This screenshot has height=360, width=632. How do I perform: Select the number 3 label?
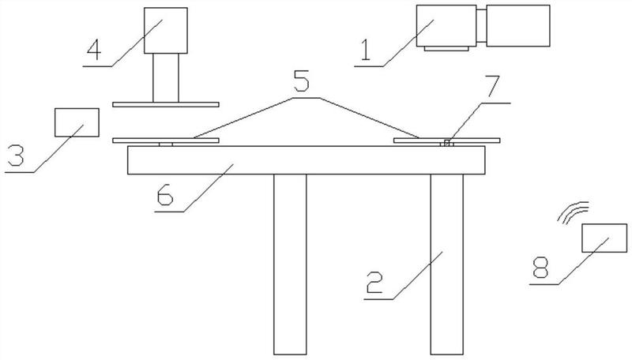(x=15, y=154)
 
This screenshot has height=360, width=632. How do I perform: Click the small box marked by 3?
(x=77, y=122)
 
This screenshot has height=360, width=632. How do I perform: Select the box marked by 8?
(x=604, y=238)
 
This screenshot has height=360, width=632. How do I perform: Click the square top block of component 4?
(x=166, y=29)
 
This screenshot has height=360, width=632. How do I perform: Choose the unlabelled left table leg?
(x=290, y=264)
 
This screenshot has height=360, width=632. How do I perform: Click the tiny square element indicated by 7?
(x=447, y=144)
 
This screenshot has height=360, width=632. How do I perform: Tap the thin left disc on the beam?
(x=165, y=141)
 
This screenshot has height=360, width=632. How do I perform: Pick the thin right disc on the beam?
(x=446, y=140)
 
